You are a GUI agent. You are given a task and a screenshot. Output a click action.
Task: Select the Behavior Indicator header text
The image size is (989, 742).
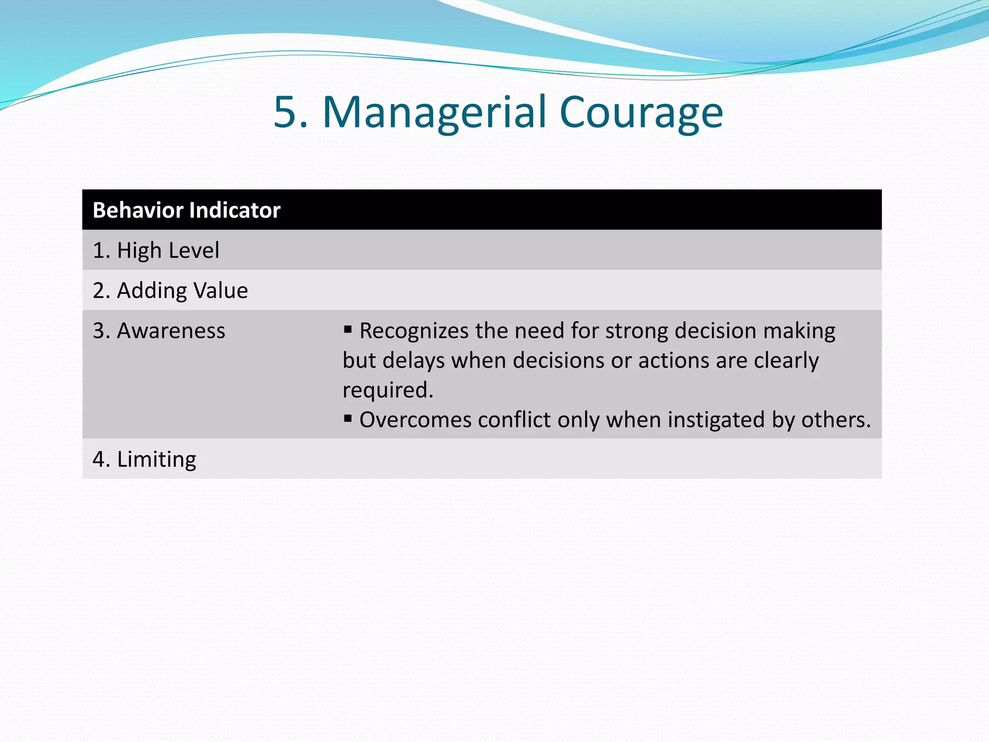coord(186,210)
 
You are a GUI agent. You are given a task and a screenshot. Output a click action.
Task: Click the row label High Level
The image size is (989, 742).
coord(156,251)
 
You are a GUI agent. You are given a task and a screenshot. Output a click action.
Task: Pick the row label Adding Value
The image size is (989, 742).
coord(170,291)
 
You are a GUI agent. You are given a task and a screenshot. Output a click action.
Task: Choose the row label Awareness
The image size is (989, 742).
coord(159,331)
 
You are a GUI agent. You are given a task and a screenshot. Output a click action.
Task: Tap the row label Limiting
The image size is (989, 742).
coord(144,459)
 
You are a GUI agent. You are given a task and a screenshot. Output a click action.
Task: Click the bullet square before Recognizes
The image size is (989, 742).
coord(348,329)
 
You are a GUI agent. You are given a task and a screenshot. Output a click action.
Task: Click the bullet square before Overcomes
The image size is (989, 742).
coord(348,418)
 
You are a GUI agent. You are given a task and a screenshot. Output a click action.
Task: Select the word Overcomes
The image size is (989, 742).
coord(415,420)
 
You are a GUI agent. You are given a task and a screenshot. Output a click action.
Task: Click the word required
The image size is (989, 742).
coord(387,390)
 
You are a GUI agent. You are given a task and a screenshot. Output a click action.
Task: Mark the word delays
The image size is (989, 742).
coord(413,361)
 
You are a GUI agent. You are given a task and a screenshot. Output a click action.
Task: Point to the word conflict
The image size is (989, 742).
coord(514,420)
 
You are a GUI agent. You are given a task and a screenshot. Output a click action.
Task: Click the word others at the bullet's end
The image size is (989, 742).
coord(835,420)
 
